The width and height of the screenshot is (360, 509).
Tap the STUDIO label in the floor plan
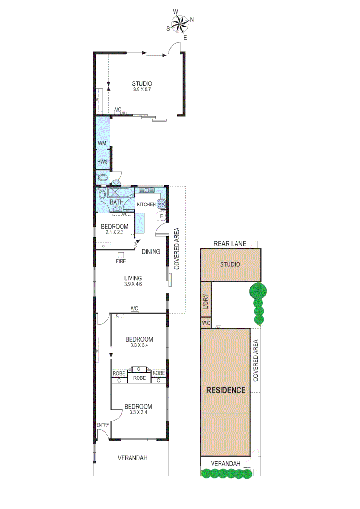click(142, 84)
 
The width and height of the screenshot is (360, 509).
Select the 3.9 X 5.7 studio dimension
click(142, 90)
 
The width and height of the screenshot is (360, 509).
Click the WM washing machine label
click(102, 143)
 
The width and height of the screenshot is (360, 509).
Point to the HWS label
click(103, 162)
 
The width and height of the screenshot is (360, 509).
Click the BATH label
click(116, 202)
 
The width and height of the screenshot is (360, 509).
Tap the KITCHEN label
click(146, 205)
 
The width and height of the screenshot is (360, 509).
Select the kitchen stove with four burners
click(161, 204)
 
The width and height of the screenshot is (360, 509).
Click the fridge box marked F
click(161, 216)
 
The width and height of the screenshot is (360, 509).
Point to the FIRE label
click(121, 260)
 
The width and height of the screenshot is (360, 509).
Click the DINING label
click(151, 252)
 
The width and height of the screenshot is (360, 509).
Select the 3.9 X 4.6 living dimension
click(133, 284)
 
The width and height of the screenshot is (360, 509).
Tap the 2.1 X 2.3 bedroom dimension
click(115, 232)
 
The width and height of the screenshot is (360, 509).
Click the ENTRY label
click(103, 425)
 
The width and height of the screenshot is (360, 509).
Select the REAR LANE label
click(230, 244)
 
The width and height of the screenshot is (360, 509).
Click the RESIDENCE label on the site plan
click(226, 390)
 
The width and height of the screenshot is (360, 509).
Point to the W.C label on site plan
click(205, 323)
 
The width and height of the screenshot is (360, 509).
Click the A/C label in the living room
click(134, 309)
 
